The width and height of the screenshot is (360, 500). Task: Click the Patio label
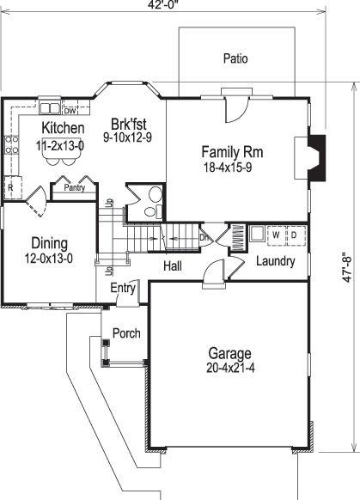click(x=235, y=60)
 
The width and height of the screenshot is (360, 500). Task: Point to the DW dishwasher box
click(x=71, y=110)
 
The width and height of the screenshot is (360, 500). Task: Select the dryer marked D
click(x=293, y=234)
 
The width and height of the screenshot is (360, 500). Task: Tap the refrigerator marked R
click(x=10, y=186)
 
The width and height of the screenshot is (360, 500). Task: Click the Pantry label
click(x=73, y=186)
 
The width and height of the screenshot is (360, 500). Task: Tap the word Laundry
click(x=275, y=261)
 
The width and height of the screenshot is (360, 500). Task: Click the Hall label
click(x=173, y=267)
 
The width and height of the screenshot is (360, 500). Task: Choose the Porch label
click(x=126, y=333)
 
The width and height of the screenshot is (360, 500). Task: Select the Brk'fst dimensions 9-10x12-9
click(x=127, y=136)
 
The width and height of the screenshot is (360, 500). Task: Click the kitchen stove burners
click(x=12, y=150)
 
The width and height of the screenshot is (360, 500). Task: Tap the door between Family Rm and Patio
click(x=232, y=110)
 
